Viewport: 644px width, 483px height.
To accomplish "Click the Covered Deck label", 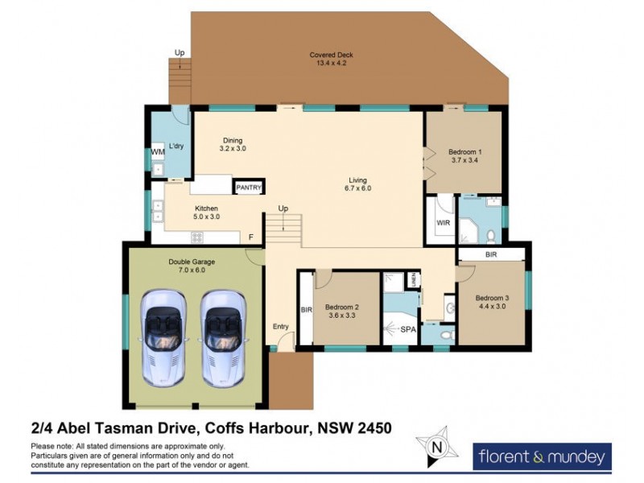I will [331, 59].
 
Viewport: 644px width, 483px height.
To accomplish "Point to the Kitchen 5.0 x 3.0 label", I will [184, 213].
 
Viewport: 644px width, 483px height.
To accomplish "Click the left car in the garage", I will [163, 336].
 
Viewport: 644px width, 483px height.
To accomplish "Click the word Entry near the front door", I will [280, 326].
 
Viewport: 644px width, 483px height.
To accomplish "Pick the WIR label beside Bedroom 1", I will [442, 223].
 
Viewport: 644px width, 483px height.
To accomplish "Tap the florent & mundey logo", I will [541, 457].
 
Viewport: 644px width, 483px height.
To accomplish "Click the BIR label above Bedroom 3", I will [492, 254].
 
